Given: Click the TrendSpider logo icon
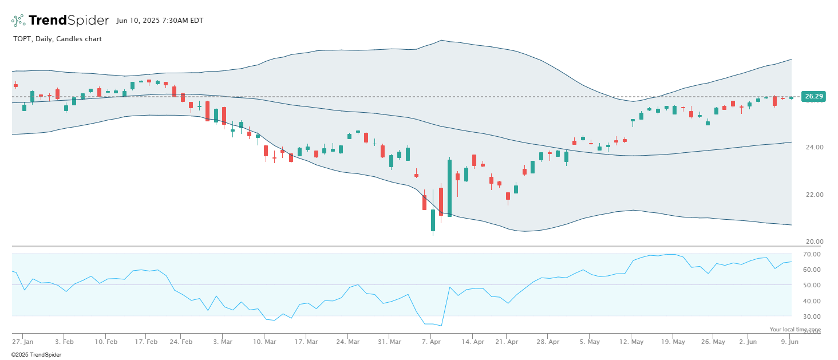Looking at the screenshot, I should [x=18, y=21].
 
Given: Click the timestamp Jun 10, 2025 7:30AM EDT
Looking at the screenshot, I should [x=160, y=21].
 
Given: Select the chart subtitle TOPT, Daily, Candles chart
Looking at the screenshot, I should [x=57, y=39].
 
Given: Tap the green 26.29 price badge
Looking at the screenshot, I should [x=813, y=97].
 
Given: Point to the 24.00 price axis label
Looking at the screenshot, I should [x=813, y=147].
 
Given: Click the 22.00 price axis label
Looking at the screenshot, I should [x=813, y=195].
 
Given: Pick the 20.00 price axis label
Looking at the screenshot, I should [x=813, y=242].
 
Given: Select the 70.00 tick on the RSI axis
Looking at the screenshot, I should [x=812, y=254].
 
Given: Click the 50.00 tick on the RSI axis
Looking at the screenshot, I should [x=812, y=285].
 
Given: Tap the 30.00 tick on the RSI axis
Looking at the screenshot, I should [x=812, y=317].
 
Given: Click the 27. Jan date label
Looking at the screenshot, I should [x=23, y=342].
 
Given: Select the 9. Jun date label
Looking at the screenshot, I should [x=790, y=342].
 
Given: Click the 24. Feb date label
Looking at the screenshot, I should [x=181, y=342].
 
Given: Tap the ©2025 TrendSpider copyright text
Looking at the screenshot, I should [x=36, y=355].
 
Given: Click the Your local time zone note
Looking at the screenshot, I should [x=795, y=330].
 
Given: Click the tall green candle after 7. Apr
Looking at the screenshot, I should [x=449, y=188].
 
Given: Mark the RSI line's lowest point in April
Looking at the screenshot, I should [x=441, y=326].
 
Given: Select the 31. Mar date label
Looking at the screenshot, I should [x=389, y=342].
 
